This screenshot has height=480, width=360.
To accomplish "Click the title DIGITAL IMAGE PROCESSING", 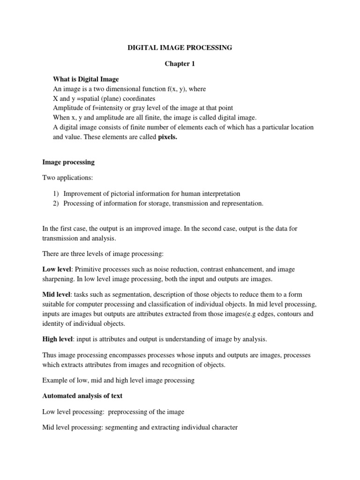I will [180, 48].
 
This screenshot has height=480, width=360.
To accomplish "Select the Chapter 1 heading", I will [180, 64].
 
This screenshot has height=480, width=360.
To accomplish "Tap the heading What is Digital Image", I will [86, 79].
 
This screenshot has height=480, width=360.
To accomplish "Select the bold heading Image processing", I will [68, 162].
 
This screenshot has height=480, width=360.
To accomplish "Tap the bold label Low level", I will [56, 270].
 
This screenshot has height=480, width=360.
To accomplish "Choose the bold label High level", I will [57, 339].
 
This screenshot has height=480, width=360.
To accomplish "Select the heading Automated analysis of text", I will [82, 396].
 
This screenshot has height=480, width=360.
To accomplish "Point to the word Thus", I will [49, 355].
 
